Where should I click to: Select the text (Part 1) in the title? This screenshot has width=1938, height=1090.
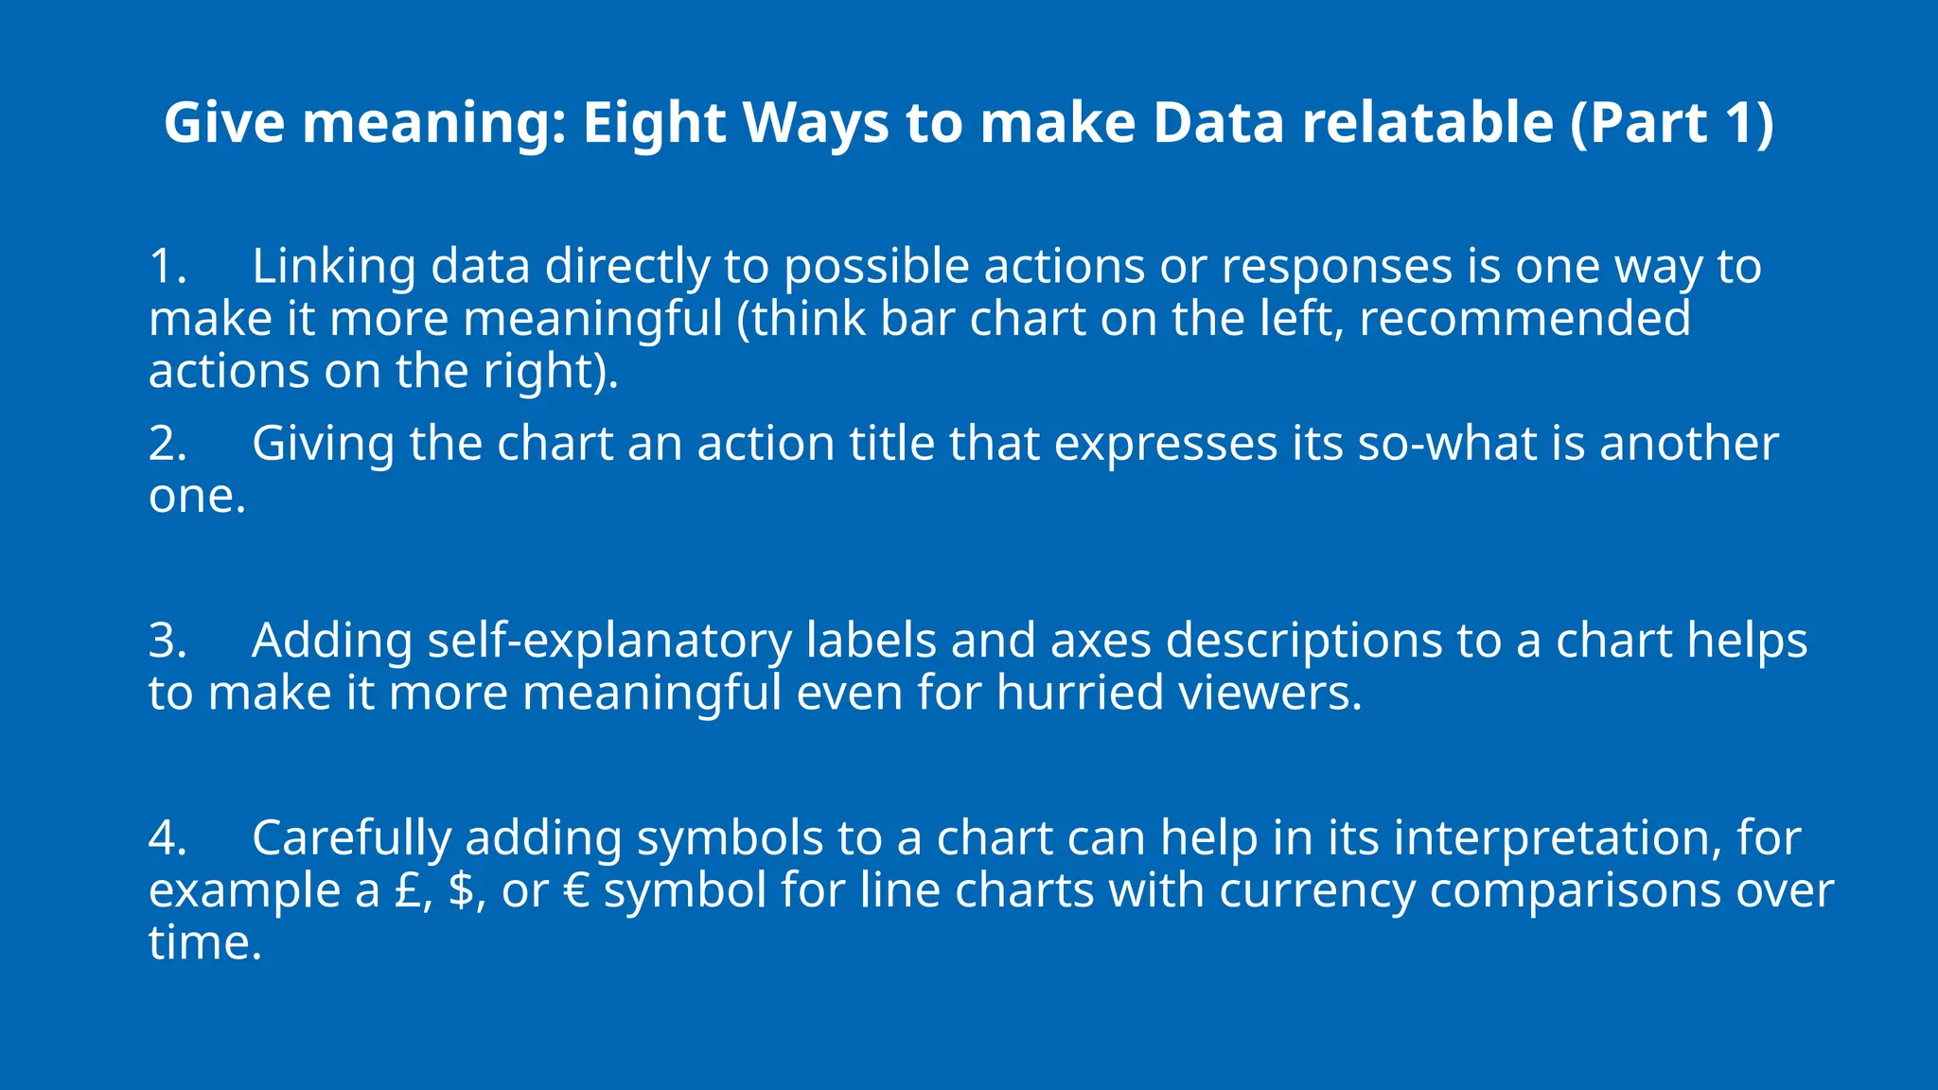(1671, 123)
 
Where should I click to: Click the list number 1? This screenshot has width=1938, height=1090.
(167, 267)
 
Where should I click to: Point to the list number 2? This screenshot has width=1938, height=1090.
(167, 444)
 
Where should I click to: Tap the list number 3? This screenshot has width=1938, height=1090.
(167, 641)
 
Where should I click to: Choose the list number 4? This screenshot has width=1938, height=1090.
(167, 838)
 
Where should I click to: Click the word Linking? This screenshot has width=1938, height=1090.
(333, 267)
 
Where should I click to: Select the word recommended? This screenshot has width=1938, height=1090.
(1524, 319)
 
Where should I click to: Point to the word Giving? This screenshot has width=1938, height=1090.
(323, 444)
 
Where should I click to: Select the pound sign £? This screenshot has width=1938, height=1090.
(408, 890)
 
